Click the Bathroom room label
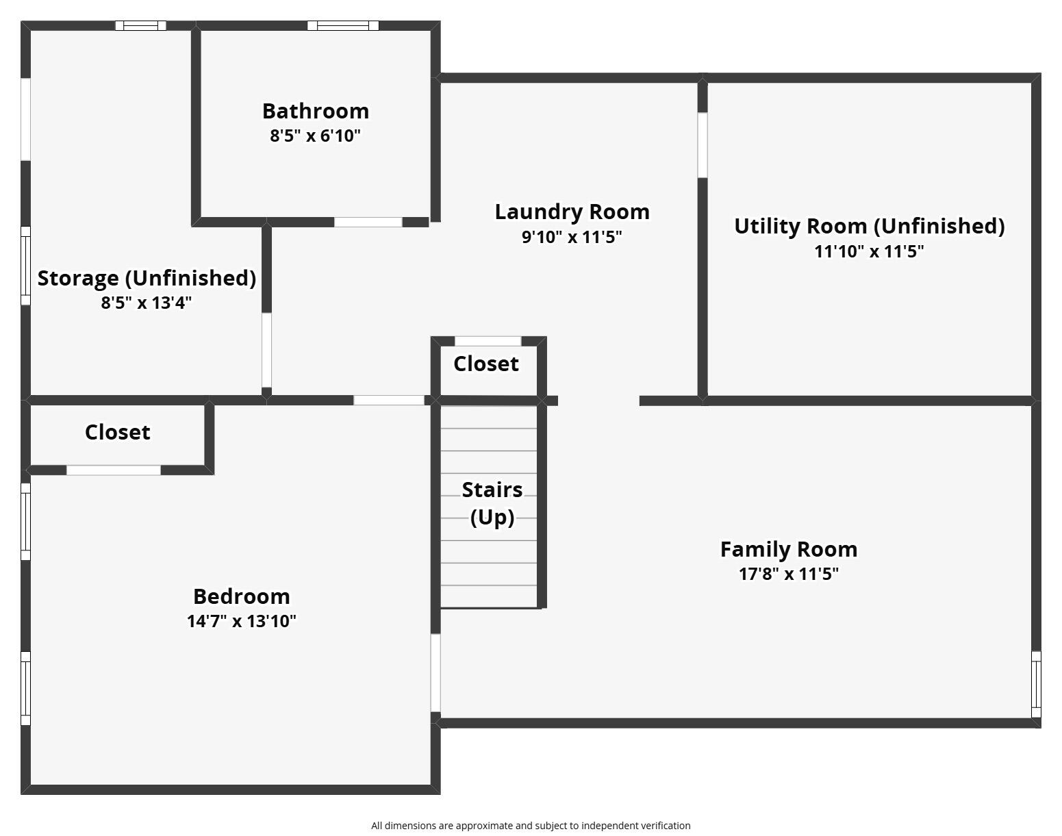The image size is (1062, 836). pyautogui.click(x=316, y=111)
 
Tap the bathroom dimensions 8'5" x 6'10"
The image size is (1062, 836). pyautogui.click(x=316, y=136)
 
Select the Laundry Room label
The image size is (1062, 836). pyautogui.click(x=572, y=212)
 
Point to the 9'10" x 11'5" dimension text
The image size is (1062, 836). pyautogui.click(x=572, y=237)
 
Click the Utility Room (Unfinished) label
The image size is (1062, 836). pyautogui.click(x=870, y=227)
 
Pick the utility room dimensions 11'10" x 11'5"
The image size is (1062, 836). pyautogui.click(x=869, y=252)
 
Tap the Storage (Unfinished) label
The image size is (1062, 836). pyautogui.click(x=147, y=279)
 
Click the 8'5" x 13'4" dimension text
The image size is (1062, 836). pyautogui.click(x=146, y=303)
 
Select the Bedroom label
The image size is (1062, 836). pyautogui.click(x=241, y=596)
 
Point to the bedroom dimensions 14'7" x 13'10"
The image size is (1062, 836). pyautogui.click(x=241, y=621)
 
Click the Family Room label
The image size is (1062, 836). pyautogui.click(x=789, y=550)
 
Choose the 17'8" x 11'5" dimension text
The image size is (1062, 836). pyautogui.click(x=789, y=574)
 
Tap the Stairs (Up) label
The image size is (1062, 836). pyautogui.click(x=492, y=503)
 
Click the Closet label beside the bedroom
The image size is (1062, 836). pyautogui.click(x=118, y=432)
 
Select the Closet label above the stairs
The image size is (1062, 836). pyautogui.click(x=486, y=364)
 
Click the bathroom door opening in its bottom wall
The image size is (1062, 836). pyautogui.click(x=368, y=222)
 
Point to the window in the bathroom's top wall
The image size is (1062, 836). pyautogui.click(x=343, y=25)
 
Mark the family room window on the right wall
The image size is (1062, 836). pyautogui.click(x=1036, y=685)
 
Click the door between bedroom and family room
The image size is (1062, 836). pyautogui.click(x=435, y=672)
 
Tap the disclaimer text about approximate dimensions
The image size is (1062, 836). pyautogui.click(x=531, y=826)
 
